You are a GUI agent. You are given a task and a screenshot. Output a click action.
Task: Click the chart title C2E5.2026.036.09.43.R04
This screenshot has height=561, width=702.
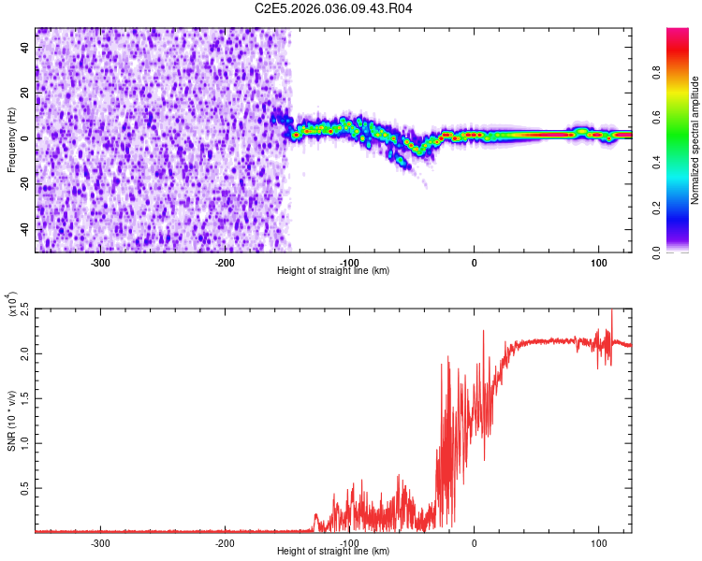tap(334, 8)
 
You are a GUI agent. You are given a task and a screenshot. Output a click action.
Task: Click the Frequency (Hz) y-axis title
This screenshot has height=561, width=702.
tap(11, 141)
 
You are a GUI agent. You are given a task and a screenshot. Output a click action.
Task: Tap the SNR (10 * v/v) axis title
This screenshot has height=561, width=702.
tap(11, 420)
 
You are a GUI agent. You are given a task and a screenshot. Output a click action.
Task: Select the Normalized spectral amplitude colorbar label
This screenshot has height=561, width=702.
tap(695, 141)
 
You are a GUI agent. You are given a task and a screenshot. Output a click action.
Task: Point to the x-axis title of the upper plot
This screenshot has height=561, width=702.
tap(333, 270)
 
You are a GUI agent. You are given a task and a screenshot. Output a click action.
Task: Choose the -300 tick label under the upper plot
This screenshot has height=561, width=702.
tap(100, 262)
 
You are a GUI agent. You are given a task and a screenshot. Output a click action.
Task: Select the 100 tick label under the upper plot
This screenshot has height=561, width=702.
tap(598, 262)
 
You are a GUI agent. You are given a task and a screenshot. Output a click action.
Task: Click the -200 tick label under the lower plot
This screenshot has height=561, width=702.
tap(225, 542)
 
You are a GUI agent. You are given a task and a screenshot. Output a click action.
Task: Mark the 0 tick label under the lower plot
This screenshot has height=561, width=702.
tap(474, 542)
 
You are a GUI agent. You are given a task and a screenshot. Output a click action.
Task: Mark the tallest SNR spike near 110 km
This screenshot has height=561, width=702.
tap(612, 312)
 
